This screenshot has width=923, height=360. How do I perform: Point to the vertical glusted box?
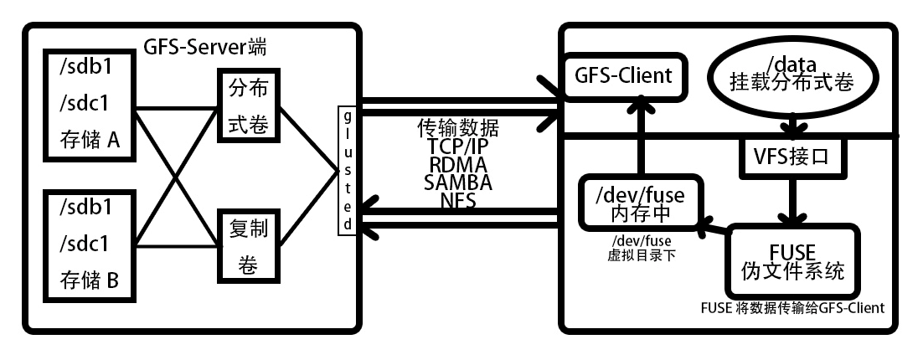[x=345, y=171]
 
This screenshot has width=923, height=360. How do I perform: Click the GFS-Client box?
[x=623, y=76]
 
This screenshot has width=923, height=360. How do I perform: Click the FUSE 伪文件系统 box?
[x=792, y=262]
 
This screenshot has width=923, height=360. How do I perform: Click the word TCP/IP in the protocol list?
[x=457, y=146]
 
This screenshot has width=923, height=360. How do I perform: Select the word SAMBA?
[x=457, y=182]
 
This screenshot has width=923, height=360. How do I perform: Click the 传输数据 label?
[x=457, y=128]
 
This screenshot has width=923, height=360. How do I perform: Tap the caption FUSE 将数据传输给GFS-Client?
[x=792, y=307]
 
